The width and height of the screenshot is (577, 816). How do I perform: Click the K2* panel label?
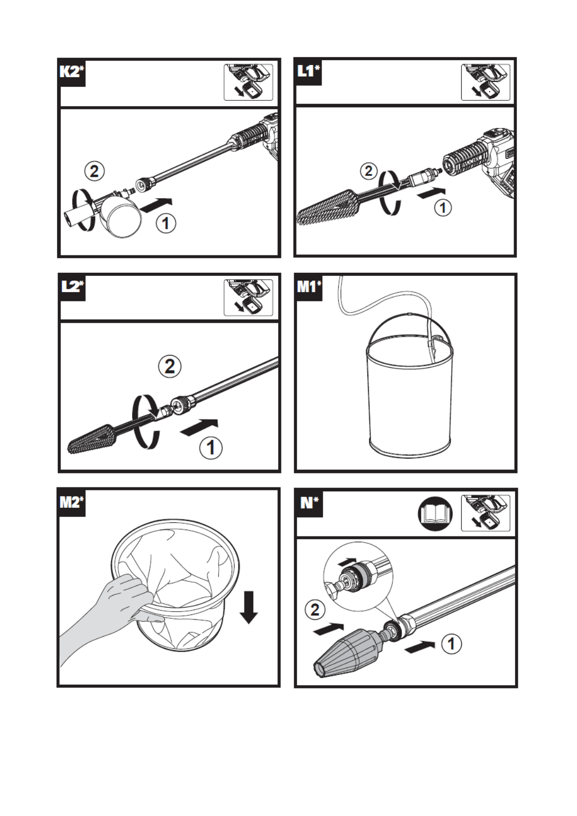point(72,72)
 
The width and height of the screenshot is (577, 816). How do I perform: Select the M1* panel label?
point(309,287)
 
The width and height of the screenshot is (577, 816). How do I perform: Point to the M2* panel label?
point(72,502)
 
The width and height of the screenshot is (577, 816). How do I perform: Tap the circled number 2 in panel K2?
point(94,171)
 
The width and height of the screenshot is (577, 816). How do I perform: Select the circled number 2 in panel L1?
point(369,171)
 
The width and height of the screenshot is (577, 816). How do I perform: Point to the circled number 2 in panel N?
point(315,617)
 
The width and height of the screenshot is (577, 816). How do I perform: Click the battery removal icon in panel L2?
point(248,298)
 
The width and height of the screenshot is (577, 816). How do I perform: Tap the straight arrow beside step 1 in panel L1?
point(431,193)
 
